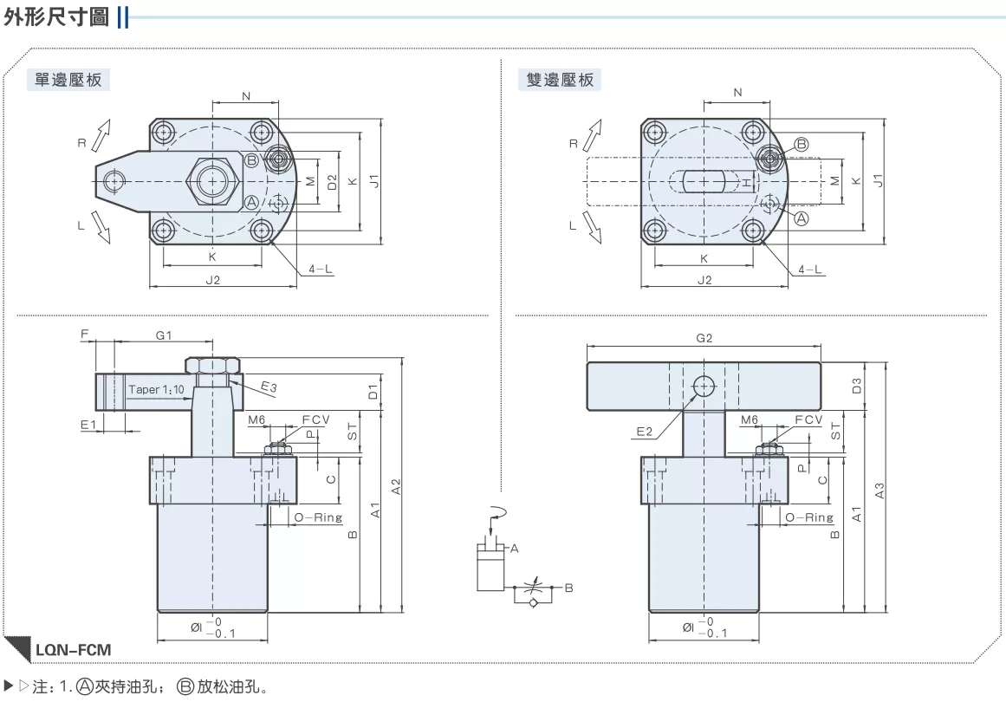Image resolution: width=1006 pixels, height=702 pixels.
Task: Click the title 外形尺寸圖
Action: (56, 16)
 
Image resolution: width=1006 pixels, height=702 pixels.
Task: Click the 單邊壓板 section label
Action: (68, 80)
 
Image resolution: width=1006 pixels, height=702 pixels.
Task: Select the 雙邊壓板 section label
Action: (560, 80)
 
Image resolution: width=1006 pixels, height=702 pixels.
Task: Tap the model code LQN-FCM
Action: (73, 649)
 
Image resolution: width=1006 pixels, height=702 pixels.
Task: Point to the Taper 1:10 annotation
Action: (156, 389)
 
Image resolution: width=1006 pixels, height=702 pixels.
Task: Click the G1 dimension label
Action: (164, 335)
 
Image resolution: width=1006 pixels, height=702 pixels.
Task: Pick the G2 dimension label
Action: (704, 338)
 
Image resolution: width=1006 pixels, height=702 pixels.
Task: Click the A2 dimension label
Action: (396, 486)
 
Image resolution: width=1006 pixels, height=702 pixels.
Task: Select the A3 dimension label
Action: (879, 491)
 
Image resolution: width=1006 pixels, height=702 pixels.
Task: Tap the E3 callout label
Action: (269, 387)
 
